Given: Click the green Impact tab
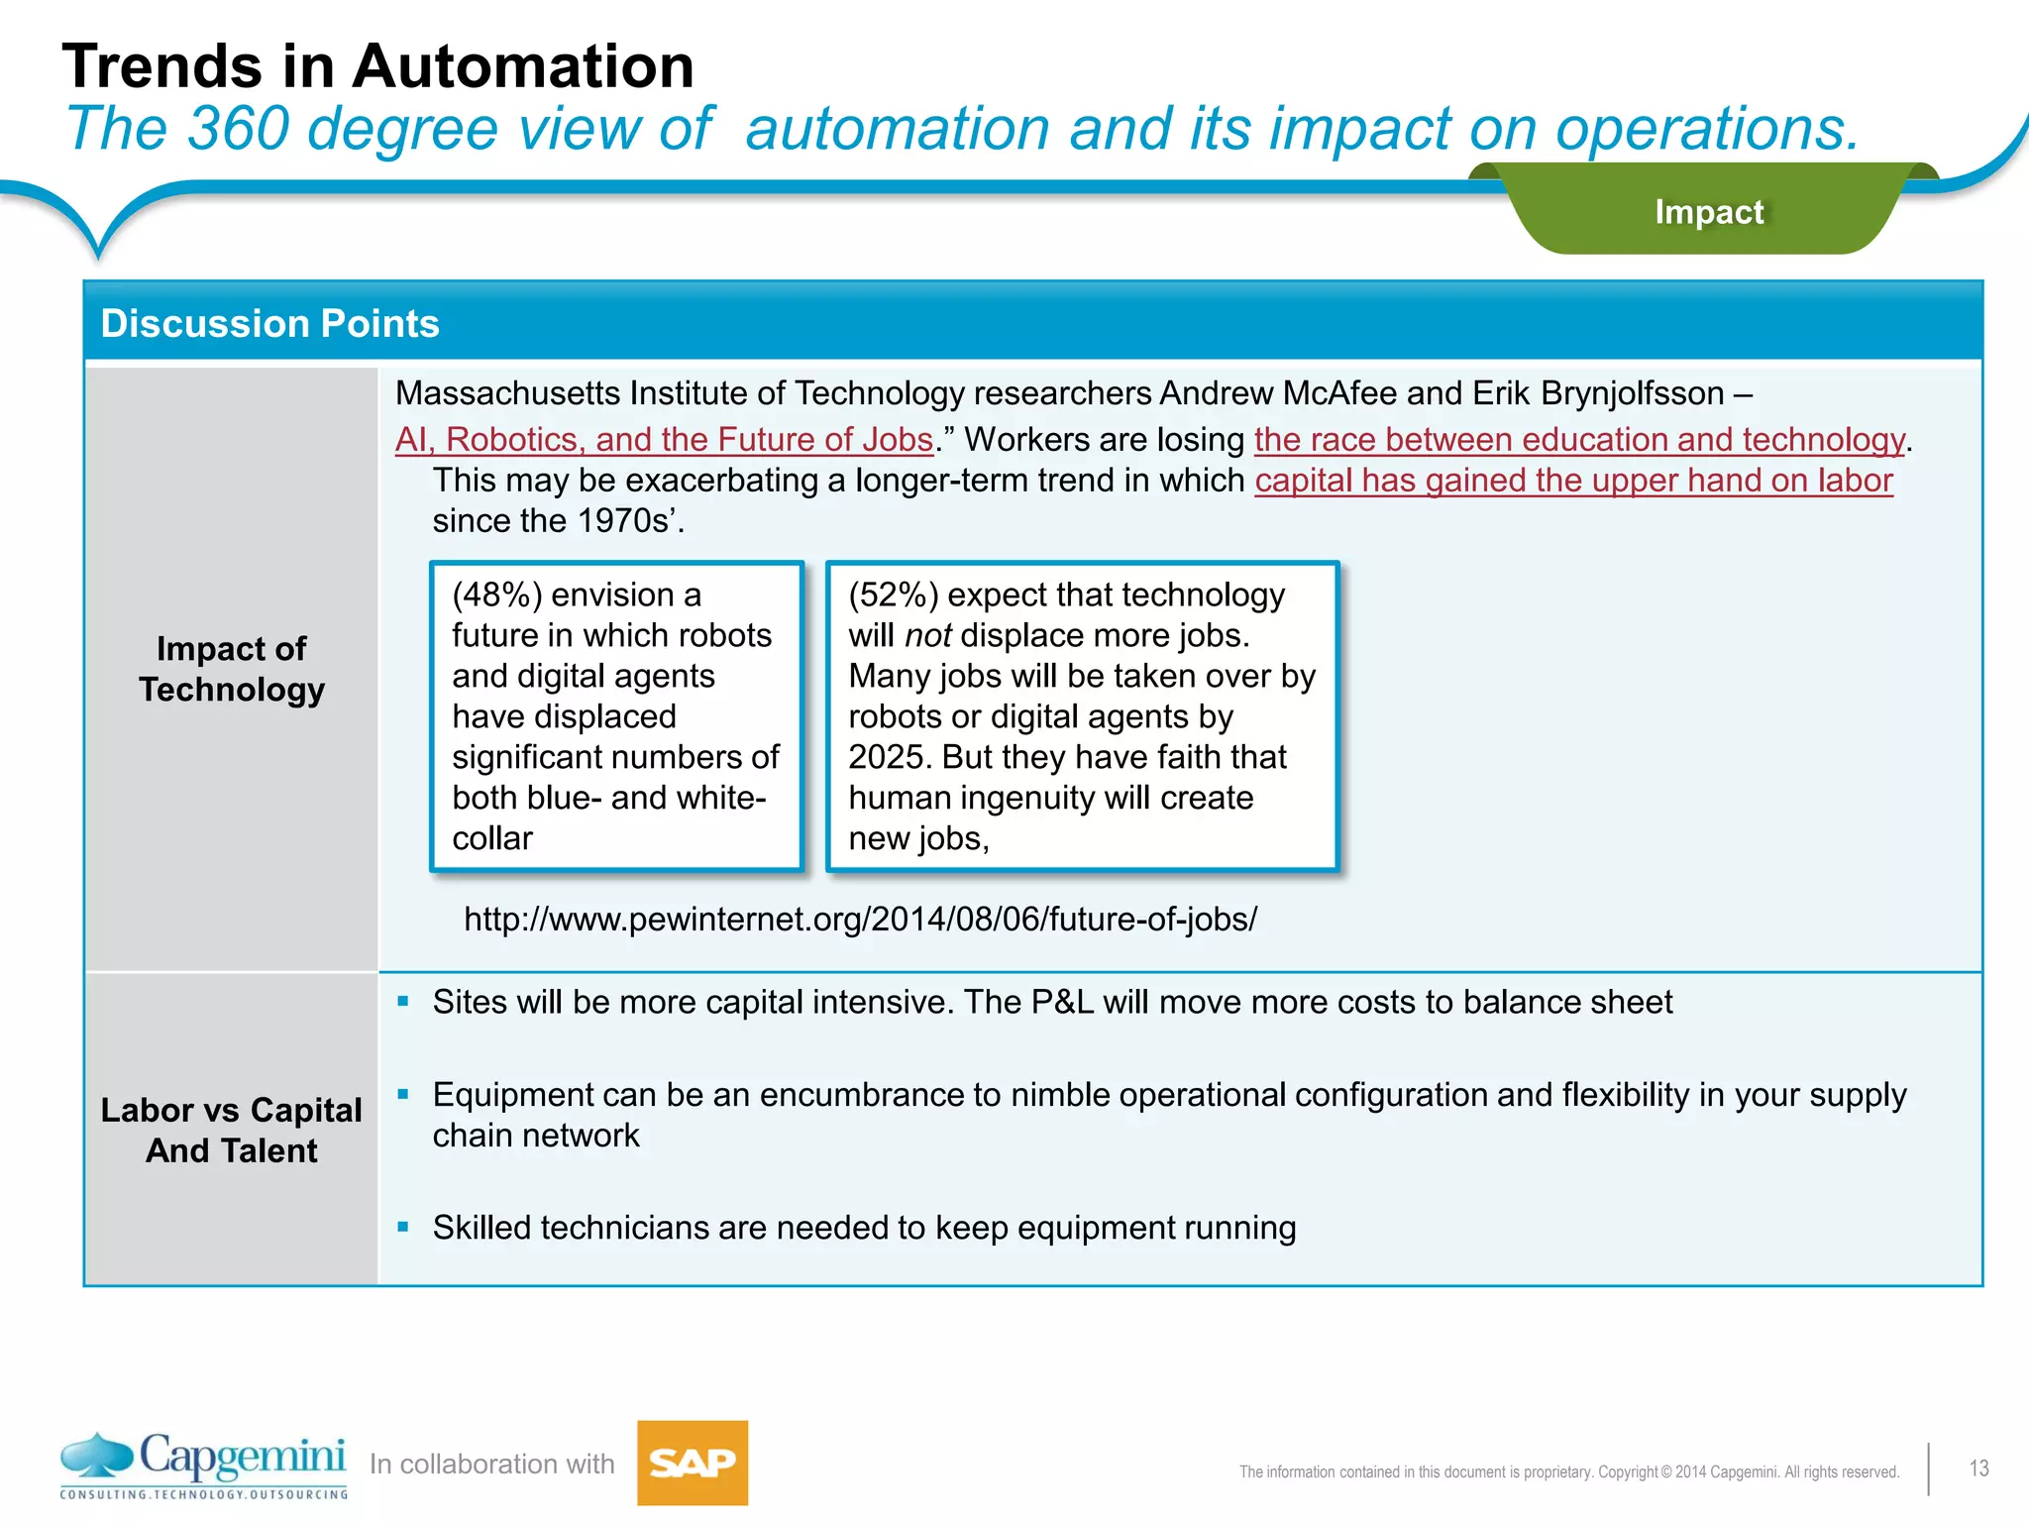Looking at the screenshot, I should (x=1708, y=212).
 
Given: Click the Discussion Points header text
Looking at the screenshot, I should (x=269, y=324).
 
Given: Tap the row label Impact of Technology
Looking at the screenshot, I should (x=232, y=669).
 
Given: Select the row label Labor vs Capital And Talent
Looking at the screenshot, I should (x=232, y=1130).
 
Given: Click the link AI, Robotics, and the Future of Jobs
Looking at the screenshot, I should (x=664, y=439).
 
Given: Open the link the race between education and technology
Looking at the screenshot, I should (x=1579, y=439).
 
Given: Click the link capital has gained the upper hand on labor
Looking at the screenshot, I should (x=1573, y=481).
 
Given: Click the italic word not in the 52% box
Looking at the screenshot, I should (x=927, y=635).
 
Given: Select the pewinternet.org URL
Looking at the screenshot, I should (x=860, y=920).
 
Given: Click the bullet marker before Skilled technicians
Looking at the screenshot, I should (x=403, y=1227).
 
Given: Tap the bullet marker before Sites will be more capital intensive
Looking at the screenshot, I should (x=403, y=1002).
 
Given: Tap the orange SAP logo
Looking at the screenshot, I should (x=692, y=1463).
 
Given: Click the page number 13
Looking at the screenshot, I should (x=1978, y=1468).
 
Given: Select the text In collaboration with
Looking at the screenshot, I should (x=491, y=1465).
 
